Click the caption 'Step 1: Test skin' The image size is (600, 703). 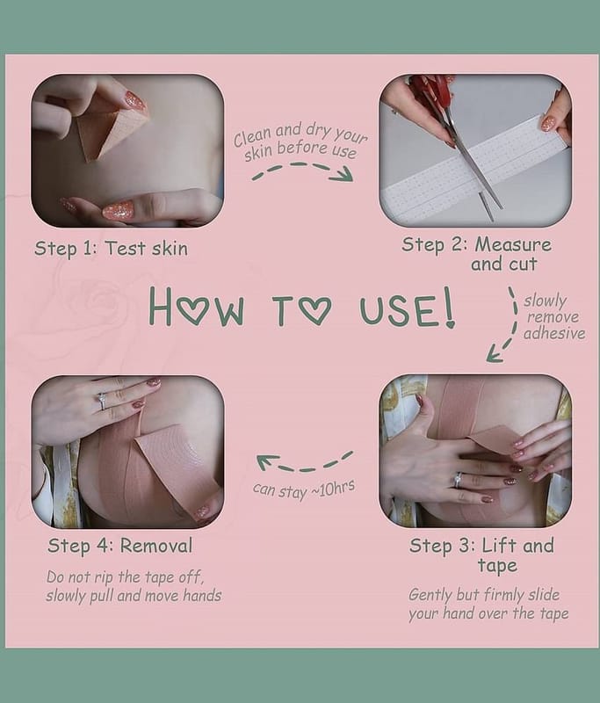tap(112, 249)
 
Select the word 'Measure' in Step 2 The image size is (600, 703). tap(513, 244)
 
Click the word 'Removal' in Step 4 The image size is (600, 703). tap(156, 546)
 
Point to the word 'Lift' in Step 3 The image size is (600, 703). tap(498, 546)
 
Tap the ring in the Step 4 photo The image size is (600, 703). tap(102, 401)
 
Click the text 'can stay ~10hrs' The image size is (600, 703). tap(304, 489)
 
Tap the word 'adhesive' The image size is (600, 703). tap(554, 334)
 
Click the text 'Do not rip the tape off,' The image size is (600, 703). tap(125, 577)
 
